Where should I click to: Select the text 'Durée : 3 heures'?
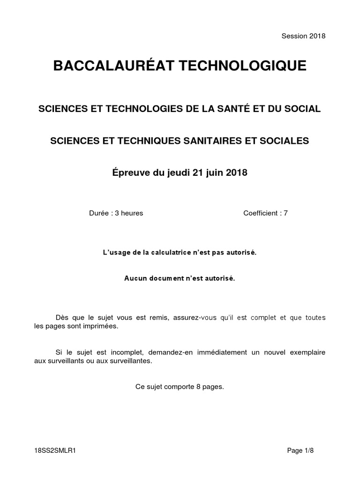click(116, 213)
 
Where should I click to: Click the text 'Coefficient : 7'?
click(265, 213)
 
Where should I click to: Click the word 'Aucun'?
click(135, 278)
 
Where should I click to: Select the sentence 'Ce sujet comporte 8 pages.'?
click(180, 387)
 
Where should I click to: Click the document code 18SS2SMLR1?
click(55, 450)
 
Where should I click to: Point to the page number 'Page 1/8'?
click(300, 450)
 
